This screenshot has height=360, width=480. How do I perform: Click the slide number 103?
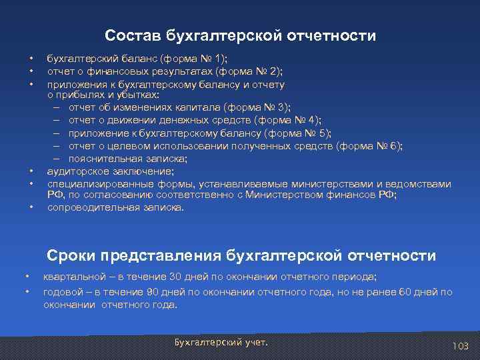click(x=460, y=346)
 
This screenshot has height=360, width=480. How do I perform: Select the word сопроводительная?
click(x=89, y=207)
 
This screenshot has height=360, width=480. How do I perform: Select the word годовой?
click(x=61, y=292)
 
